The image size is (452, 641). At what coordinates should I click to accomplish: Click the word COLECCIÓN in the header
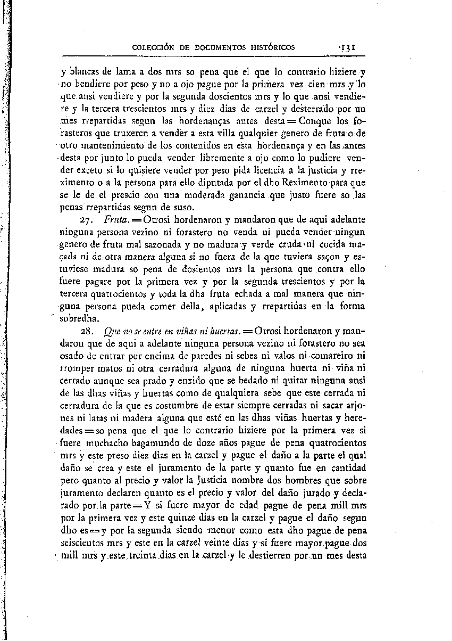point(154,47)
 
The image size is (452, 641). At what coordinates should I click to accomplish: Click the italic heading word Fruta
point(115,219)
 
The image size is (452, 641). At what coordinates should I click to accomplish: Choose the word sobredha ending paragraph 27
point(81,319)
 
